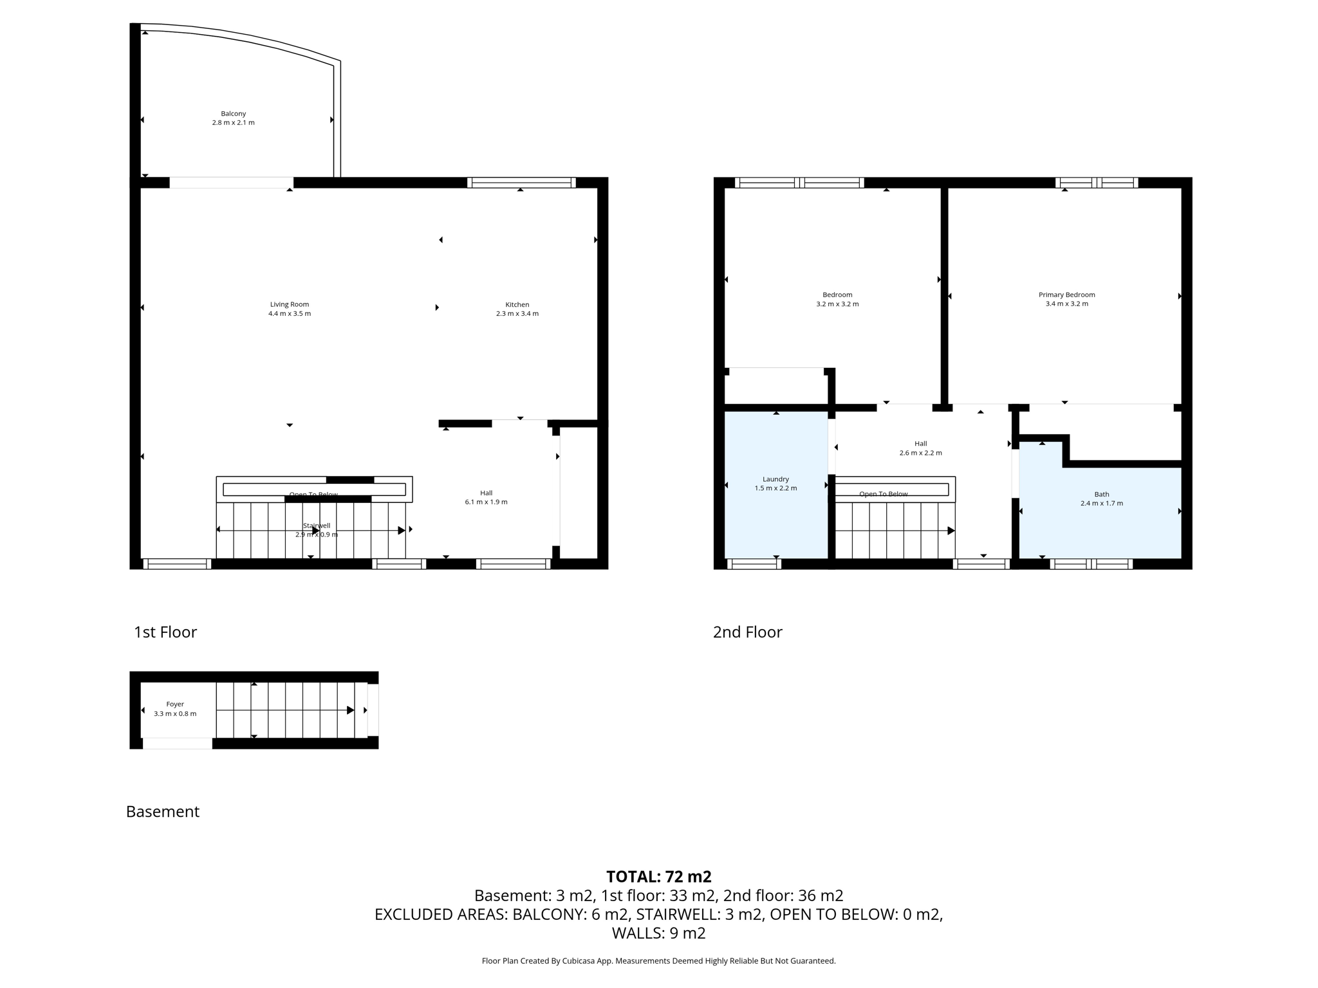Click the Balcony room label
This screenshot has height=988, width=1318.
point(233,114)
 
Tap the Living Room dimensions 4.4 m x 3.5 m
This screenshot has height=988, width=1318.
point(289,314)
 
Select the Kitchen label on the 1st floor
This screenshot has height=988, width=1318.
point(517,305)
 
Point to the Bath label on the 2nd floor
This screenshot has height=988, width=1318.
point(1101,495)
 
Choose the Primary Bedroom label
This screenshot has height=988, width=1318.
point(1066,295)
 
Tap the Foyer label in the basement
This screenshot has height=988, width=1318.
point(175,704)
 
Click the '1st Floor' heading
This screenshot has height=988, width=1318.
point(165,632)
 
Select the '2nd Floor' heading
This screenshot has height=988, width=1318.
point(747,632)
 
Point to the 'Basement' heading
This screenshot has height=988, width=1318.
point(162,811)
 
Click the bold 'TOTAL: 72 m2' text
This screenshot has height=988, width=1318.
point(658,876)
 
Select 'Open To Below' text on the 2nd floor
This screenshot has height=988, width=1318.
point(883,494)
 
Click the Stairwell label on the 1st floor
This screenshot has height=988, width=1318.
point(316,526)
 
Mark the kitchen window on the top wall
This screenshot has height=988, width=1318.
point(521,183)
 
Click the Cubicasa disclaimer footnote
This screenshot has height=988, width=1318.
point(658,961)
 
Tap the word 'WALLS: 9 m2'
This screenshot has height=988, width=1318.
point(658,933)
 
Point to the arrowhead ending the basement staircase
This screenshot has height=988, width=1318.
point(351,710)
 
